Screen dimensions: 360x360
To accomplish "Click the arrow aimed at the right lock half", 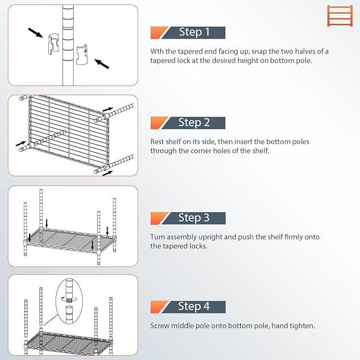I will [x=102, y=64].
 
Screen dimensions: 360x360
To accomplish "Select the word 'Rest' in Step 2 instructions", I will [x=158, y=142].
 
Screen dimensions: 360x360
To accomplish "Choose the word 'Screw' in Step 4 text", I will [x=161, y=326].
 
